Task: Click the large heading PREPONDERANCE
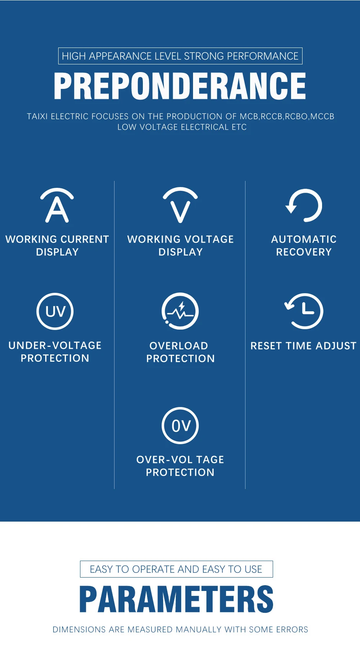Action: point(180,86)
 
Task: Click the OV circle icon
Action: point(180,408)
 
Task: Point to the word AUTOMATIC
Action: point(304,239)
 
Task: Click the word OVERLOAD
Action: point(179,346)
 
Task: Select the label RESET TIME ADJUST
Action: point(303,346)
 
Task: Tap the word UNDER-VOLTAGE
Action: point(55,346)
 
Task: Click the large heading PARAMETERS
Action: point(177,599)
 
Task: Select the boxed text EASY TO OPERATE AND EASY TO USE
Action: point(176,569)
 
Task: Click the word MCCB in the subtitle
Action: point(322,117)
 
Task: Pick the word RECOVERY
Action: point(304,252)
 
